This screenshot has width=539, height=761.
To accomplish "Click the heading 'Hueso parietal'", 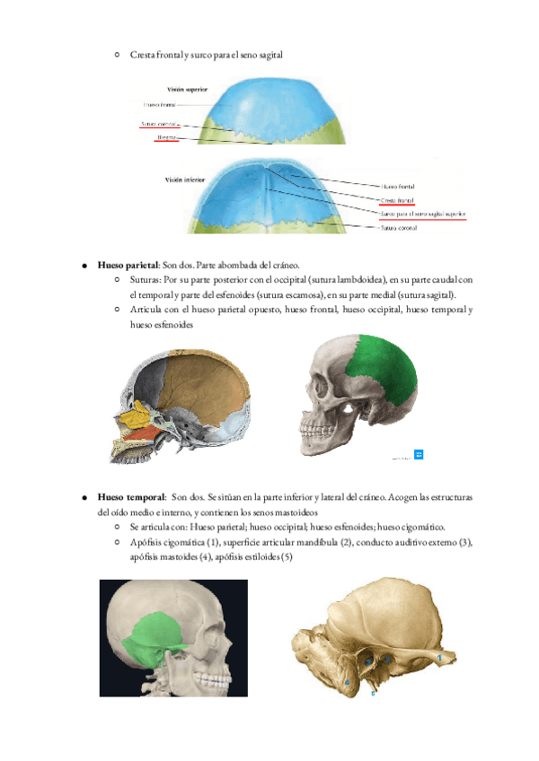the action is point(128,267).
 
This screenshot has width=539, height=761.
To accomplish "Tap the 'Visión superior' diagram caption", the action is point(188,90).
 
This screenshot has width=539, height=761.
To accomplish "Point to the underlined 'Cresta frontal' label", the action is point(397,200).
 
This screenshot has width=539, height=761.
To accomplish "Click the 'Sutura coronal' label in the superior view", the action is point(159,123).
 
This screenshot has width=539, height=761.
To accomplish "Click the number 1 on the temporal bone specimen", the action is point(438,657).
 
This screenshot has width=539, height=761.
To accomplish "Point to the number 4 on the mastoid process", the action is point(346,684).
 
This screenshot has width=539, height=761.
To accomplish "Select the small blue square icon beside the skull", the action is point(419,455).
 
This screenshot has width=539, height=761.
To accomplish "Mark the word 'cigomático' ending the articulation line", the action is point(422,527).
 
